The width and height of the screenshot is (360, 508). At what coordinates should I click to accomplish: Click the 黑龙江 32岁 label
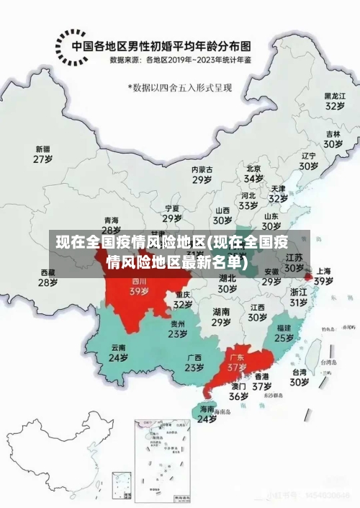pos(334,101)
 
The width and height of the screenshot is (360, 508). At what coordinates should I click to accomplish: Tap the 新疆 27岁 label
pos(43,154)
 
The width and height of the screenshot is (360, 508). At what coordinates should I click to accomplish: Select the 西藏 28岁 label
pos(48,277)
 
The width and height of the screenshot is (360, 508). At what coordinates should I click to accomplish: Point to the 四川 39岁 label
pos(138,287)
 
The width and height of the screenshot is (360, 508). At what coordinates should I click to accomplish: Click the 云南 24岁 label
pos(118,352)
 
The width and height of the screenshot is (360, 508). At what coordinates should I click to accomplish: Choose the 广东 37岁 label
pos(237,362)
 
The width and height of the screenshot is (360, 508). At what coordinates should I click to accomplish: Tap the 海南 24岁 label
pos(207,414)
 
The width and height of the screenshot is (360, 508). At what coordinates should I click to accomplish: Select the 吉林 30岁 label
pos(332,139)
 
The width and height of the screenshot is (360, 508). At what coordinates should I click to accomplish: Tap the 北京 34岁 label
pos(253,173)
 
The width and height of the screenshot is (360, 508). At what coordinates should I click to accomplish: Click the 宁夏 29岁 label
pos(171,213)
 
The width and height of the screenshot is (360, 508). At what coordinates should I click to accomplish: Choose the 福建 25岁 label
pos(284,332)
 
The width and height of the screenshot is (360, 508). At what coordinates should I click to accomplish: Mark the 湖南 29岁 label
pos(221,317)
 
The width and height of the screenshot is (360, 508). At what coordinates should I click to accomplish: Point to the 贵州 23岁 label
pos(178,329)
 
